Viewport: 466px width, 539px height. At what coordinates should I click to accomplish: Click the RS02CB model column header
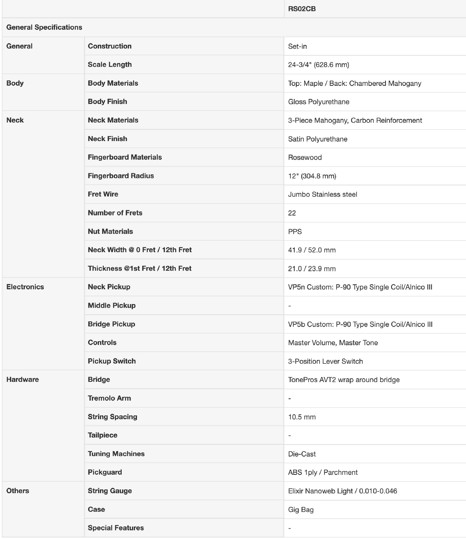click(302, 9)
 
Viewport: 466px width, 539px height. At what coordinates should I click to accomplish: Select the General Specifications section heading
click(44, 27)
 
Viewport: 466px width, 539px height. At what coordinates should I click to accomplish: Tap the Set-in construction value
click(297, 46)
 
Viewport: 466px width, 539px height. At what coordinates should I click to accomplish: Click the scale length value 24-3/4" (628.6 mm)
click(318, 65)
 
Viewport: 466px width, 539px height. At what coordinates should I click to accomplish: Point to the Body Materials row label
click(113, 83)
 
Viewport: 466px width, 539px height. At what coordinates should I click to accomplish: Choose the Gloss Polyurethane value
click(318, 102)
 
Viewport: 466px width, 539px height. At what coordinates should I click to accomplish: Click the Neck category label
click(15, 120)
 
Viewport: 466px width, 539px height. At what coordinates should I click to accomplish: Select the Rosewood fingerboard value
click(305, 157)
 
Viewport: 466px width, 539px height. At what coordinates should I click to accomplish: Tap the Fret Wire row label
click(103, 194)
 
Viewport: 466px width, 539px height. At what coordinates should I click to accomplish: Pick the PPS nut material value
click(295, 232)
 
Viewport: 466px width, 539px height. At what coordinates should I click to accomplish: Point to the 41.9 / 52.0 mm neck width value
click(312, 250)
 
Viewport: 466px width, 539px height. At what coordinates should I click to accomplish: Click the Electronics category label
click(25, 287)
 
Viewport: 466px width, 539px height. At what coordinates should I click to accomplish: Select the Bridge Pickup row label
click(111, 324)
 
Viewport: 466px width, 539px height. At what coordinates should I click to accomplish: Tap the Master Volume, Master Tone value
click(333, 342)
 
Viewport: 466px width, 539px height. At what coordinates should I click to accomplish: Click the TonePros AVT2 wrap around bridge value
click(344, 380)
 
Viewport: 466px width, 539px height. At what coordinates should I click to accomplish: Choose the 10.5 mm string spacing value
click(302, 417)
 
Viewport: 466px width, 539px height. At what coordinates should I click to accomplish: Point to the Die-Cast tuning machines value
click(302, 454)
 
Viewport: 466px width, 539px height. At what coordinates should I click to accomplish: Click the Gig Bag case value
click(301, 510)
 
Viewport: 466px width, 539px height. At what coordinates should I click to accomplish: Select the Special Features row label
click(116, 528)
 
